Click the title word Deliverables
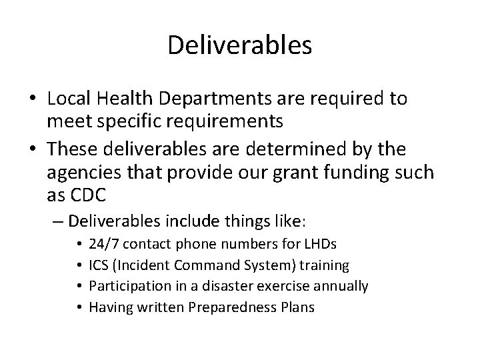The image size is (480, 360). pos(240,45)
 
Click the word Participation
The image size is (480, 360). pos(124,287)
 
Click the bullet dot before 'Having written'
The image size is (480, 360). pos(80,307)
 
